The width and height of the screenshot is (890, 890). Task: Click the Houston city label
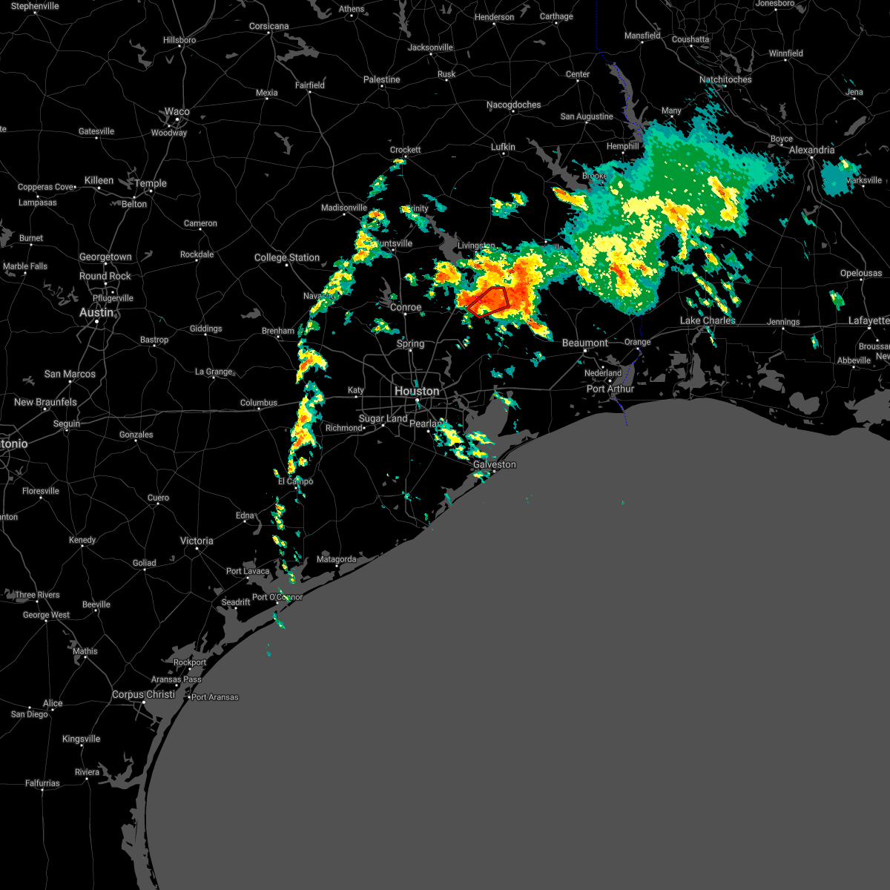(417, 391)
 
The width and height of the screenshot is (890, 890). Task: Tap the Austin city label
(96, 312)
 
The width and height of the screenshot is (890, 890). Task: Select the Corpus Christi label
(144, 695)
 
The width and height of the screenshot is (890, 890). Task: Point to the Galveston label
(495, 464)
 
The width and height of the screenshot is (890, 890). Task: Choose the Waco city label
(177, 112)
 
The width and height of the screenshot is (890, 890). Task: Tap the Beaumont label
(585, 343)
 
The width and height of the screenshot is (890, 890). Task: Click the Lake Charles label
(708, 320)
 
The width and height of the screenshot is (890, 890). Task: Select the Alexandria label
(811, 150)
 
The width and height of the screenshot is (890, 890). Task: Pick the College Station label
(287, 257)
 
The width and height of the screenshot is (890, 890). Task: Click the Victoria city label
(197, 541)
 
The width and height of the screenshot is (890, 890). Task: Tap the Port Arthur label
(610, 389)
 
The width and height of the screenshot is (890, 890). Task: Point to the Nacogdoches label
(514, 105)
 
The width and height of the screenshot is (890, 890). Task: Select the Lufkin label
(503, 147)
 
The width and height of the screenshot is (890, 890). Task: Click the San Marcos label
(70, 374)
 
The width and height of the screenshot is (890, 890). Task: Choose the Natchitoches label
(725, 79)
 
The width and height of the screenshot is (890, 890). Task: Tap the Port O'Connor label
(277, 597)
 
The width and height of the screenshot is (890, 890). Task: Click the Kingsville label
(81, 739)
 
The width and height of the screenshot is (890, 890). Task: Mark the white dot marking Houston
(418, 401)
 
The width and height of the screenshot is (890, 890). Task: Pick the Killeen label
(99, 180)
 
